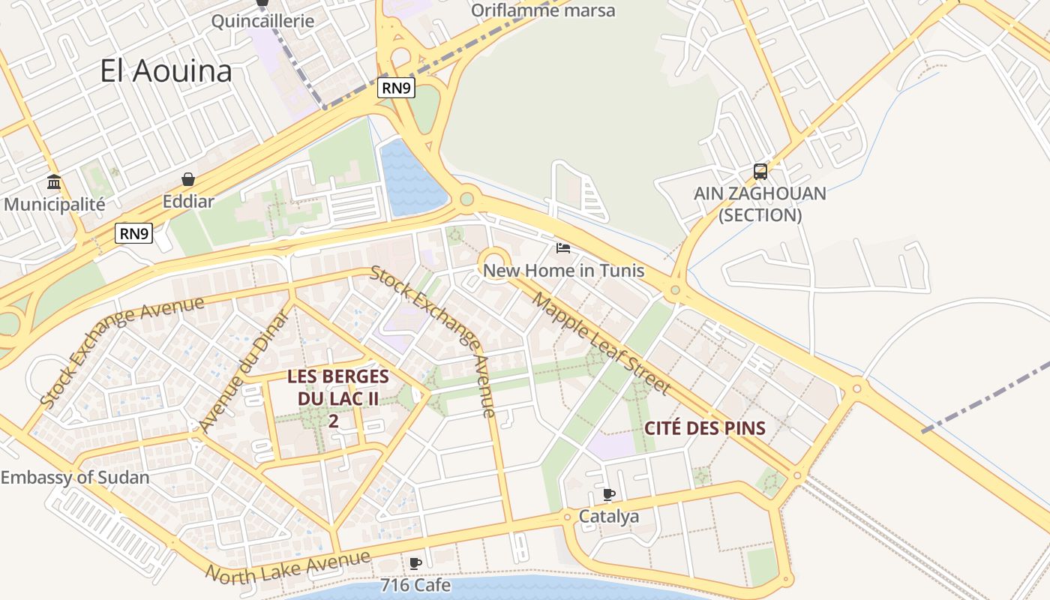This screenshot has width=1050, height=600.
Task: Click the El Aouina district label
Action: (x=166, y=71)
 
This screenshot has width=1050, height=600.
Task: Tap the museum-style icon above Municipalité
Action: (x=54, y=182)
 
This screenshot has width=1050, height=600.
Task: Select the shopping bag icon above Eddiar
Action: (x=188, y=179)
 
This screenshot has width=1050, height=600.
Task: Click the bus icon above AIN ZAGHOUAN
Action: (x=760, y=172)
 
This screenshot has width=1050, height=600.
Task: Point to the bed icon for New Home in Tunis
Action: (x=563, y=248)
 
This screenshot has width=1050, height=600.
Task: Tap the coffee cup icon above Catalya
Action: (x=609, y=494)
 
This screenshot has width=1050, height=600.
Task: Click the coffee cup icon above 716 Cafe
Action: (x=415, y=563)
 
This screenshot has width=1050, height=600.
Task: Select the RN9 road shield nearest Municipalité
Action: (x=134, y=233)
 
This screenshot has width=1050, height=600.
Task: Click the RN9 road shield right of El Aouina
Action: (x=396, y=88)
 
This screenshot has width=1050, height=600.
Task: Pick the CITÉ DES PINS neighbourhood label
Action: (x=705, y=428)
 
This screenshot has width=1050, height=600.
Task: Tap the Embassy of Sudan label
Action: (x=75, y=477)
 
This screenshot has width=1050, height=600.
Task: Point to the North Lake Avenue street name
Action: (x=288, y=567)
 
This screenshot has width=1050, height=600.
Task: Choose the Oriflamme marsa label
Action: (x=543, y=10)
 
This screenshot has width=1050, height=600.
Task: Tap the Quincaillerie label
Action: (x=262, y=20)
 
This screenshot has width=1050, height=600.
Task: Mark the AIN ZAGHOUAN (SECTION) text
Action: (x=760, y=204)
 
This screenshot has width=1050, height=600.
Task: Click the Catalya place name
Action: (x=609, y=516)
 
